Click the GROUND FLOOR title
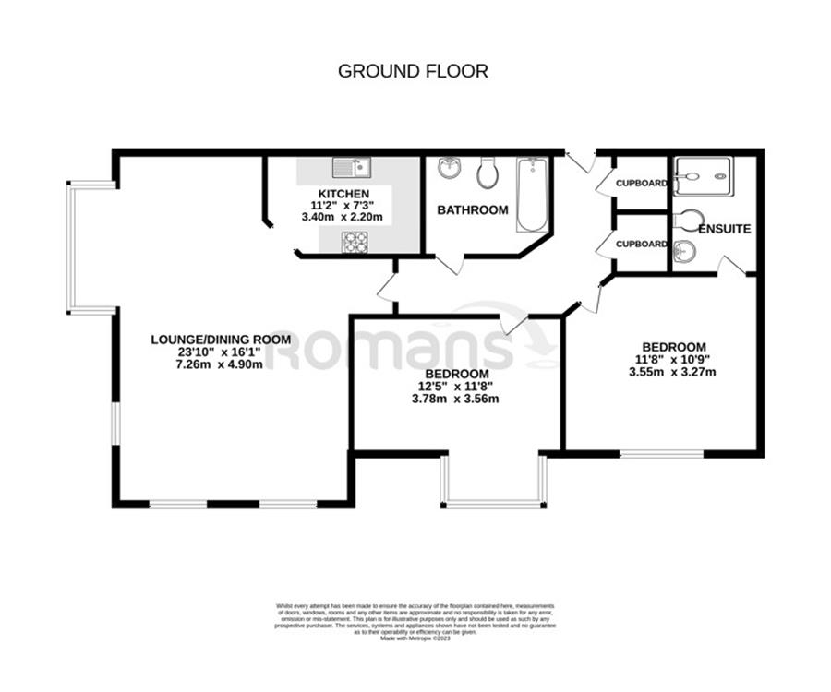pos(413,71)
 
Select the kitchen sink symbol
pos(352,168)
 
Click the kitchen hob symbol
pos(355,242)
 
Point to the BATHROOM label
pos(472,210)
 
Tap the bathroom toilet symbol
pos(488,172)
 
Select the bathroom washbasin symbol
pos(450,169)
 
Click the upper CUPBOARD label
pos(641,184)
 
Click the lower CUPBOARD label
pos(641,245)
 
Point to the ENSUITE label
pos(725,228)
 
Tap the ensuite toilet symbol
pos(688,220)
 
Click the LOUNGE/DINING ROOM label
pos(221,339)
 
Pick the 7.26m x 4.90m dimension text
pos(221,364)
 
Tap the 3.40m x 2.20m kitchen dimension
pos(343,217)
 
